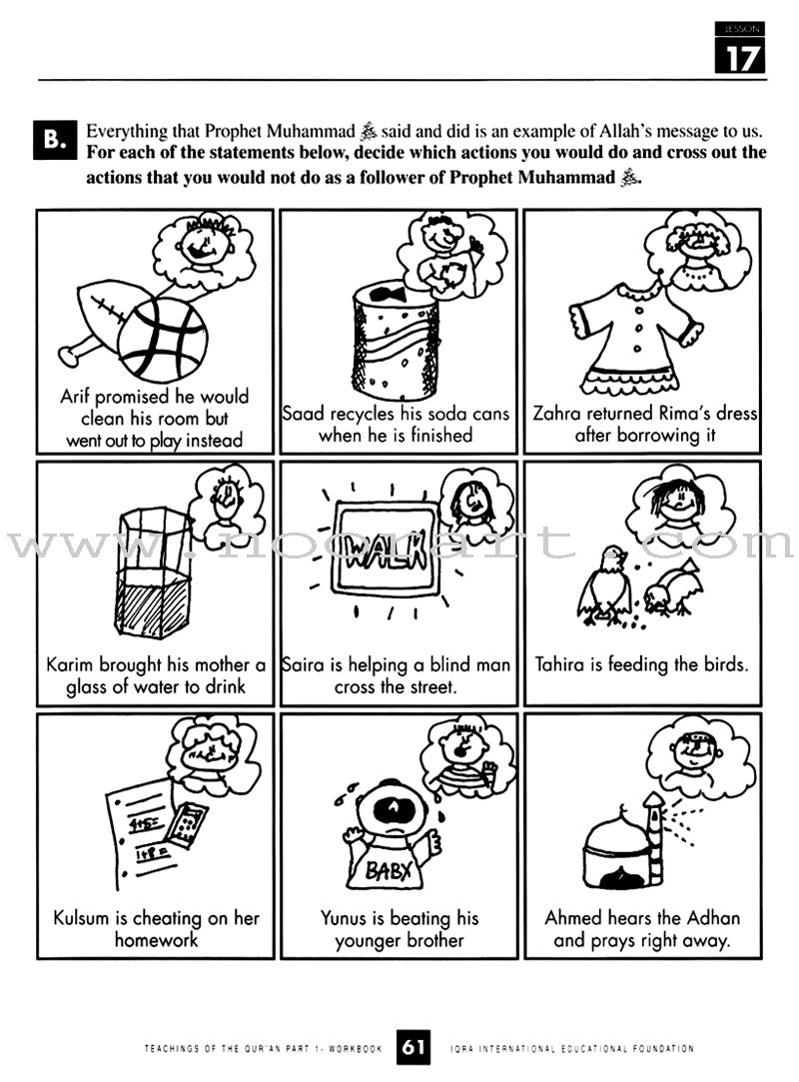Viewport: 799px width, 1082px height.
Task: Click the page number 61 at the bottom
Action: (x=413, y=1047)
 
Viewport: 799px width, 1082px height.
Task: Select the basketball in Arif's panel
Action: (x=162, y=340)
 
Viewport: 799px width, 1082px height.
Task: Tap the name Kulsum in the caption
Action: (x=85, y=918)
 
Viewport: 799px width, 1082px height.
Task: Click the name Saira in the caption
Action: (x=306, y=665)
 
